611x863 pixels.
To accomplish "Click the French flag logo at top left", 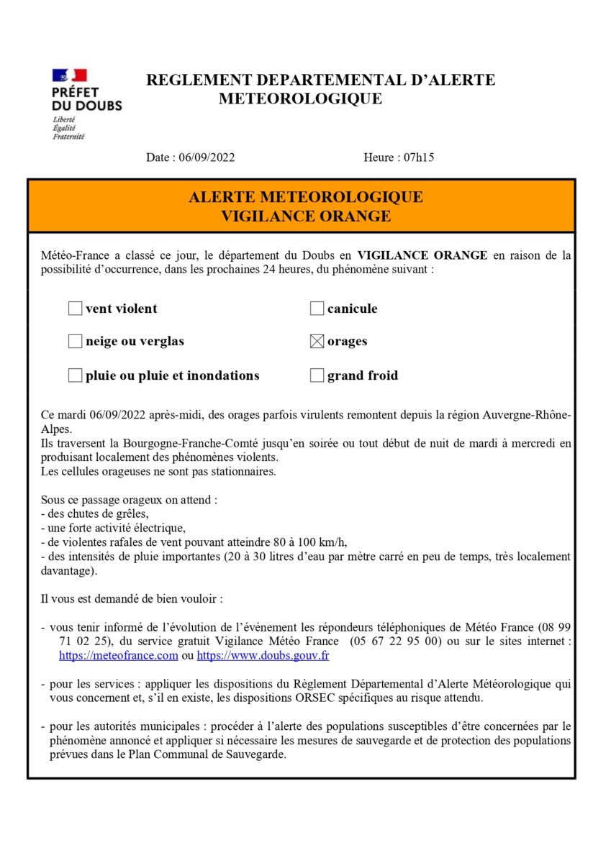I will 69,76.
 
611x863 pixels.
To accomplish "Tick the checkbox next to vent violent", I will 75,309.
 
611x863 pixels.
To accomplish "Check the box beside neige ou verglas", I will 75,342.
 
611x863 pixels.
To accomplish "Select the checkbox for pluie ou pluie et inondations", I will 75,375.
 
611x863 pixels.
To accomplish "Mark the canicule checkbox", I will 317,309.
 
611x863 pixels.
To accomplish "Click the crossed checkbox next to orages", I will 317,342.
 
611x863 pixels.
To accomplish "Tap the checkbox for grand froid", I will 317,375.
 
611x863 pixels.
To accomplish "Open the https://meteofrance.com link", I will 118,656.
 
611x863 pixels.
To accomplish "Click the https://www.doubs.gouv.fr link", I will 263,656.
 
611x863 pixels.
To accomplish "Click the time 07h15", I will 419,157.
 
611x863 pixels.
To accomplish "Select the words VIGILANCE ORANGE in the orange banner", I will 305,216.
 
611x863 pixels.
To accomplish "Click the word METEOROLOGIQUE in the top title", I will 300,99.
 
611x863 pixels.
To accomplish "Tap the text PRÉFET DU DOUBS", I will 87,99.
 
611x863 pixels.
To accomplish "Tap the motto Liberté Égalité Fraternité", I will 68,127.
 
